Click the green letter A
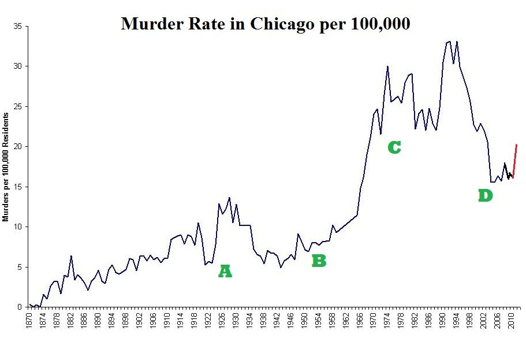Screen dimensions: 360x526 (225, 272)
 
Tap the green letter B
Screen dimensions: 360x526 (319, 261)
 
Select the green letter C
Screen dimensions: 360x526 (394, 147)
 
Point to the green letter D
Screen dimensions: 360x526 (486, 196)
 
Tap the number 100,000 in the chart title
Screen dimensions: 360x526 (380, 24)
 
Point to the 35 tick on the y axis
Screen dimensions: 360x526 (18, 27)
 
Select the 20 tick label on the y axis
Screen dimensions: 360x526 (18, 147)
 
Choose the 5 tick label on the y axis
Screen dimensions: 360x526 (20, 267)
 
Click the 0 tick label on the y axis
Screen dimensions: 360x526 (20, 307)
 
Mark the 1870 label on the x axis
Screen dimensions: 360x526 (29, 322)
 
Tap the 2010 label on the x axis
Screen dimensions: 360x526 (512, 322)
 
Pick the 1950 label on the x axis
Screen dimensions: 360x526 (305, 322)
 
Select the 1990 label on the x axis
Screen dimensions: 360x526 (443, 322)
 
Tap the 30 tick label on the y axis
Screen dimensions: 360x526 (18, 66)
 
